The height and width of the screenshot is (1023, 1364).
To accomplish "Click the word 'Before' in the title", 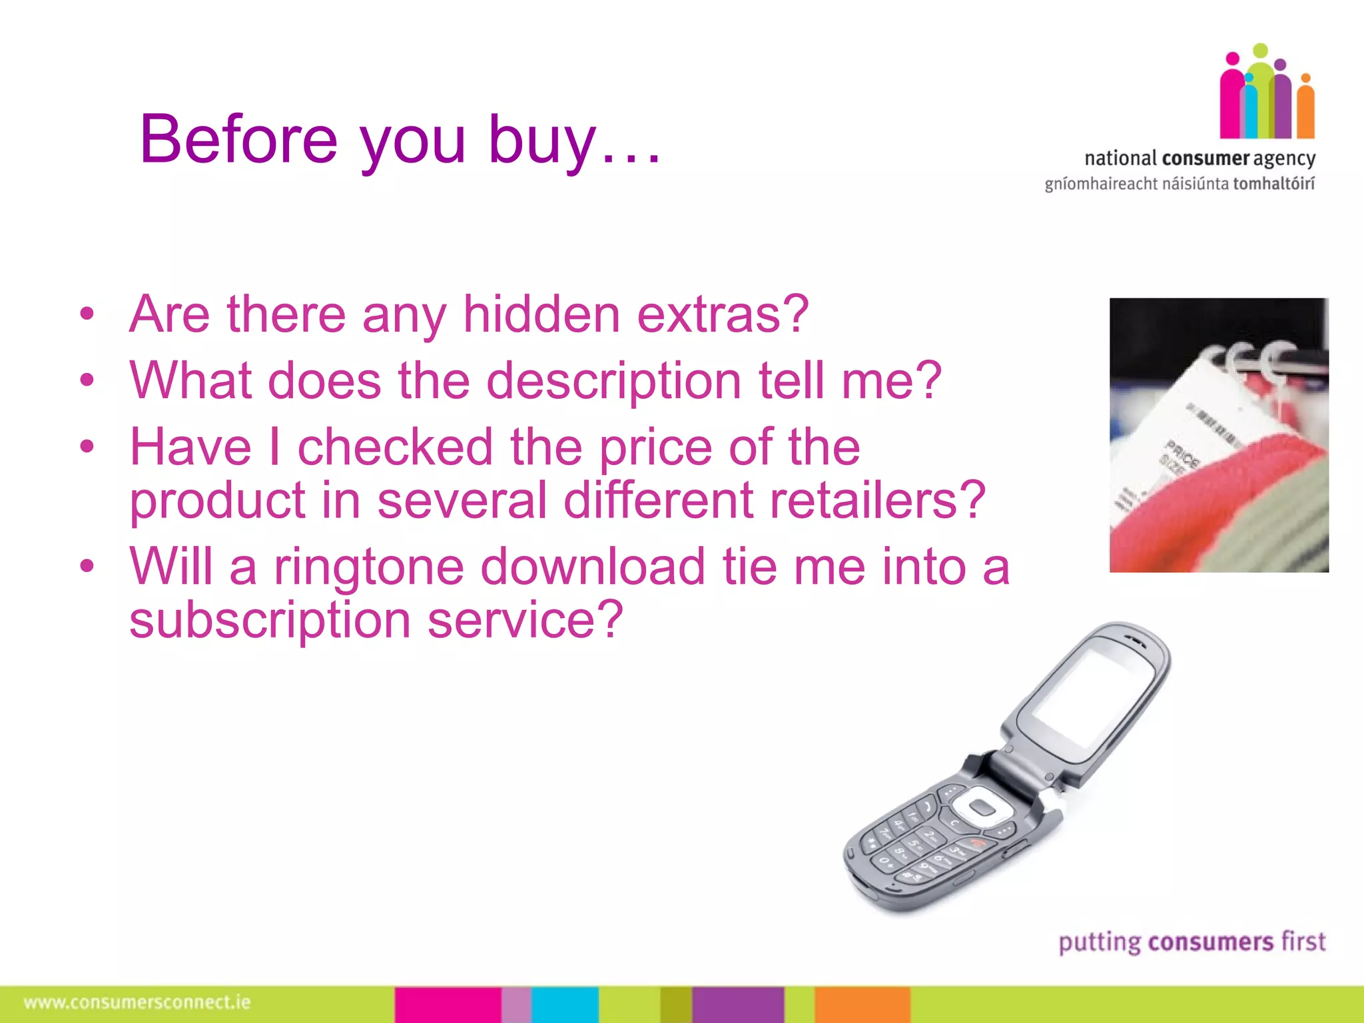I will (x=238, y=139).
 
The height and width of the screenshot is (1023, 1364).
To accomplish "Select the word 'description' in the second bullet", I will (x=613, y=380).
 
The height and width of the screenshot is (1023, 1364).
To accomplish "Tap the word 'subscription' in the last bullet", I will (x=270, y=620).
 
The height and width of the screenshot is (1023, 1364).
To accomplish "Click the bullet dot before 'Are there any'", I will (x=87, y=314).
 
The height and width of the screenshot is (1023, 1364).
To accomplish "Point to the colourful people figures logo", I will (x=1267, y=93).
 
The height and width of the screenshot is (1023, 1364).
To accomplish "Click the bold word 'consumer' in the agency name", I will (x=1205, y=159).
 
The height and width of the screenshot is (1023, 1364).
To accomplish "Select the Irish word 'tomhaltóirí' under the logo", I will (x=1273, y=184).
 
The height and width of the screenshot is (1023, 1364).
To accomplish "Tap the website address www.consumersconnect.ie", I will (x=137, y=1002).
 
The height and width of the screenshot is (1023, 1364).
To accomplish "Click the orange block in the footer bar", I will (x=862, y=1004).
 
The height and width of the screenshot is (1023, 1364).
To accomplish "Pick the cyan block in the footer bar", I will (x=565, y=1004).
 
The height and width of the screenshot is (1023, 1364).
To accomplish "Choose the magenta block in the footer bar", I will (x=447, y=1004).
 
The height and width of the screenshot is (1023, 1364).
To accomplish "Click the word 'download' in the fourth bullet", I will (x=592, y=567).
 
